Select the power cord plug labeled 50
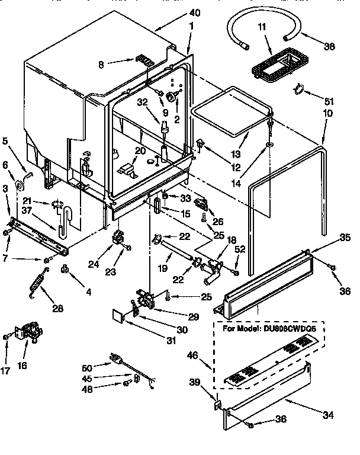pyautogui.click(x=115, y=357)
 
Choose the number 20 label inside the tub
pyautogui.click(x=140, y=150)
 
